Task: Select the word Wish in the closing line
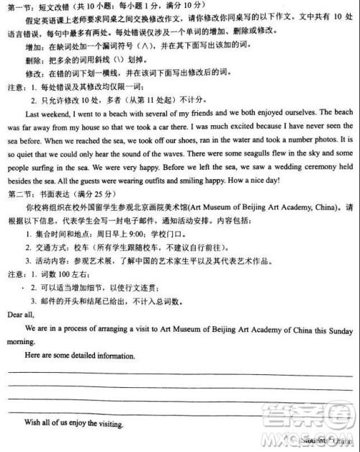tap(33, 423)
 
